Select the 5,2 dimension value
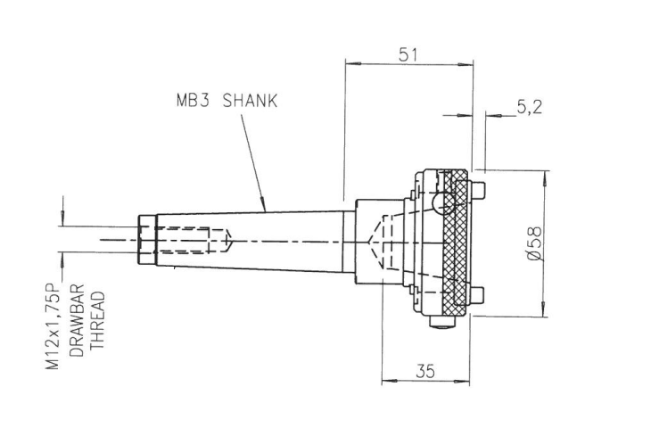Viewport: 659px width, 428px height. coord(529,107)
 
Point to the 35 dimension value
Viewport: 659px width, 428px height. coord(424,373)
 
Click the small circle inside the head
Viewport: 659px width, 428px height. coord(438,204)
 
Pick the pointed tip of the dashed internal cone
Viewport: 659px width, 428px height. coord(368,242)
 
